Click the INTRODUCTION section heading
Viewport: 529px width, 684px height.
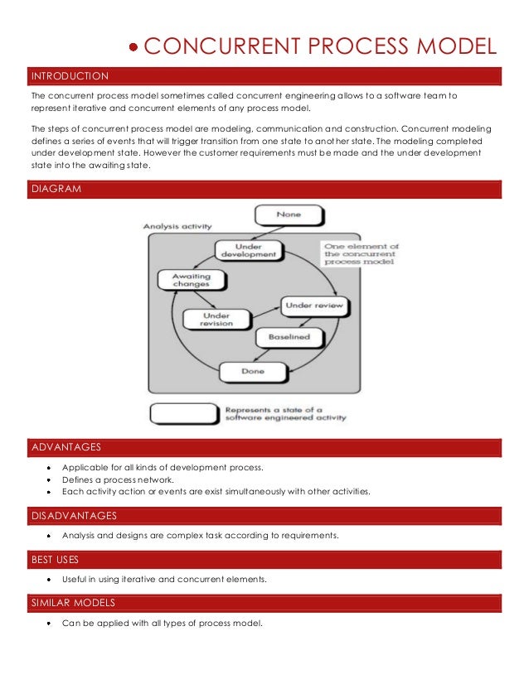point(70,76)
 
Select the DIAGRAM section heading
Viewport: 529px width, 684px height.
point(56,189)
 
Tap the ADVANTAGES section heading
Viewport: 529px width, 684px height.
point(66,447)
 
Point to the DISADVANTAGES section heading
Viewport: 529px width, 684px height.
point(74,516)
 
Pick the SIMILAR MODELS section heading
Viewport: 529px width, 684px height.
point(73,602)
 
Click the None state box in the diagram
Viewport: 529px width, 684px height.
point(289,215)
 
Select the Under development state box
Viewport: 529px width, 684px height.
point(248,249)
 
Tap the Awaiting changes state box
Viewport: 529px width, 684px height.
point(191,280)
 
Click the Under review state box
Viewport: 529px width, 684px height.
point(314,306)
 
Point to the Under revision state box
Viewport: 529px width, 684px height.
point(216,319)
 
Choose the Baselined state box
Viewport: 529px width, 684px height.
point(289,337)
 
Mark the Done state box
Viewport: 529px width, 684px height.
point(252,371)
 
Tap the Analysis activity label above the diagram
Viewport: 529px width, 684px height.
point(177,225)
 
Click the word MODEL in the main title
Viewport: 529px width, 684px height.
point(457,47)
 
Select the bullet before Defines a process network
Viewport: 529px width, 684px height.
point(50,479)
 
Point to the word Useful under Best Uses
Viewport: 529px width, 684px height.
point(76,580)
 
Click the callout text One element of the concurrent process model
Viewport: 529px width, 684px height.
point(362,253)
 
